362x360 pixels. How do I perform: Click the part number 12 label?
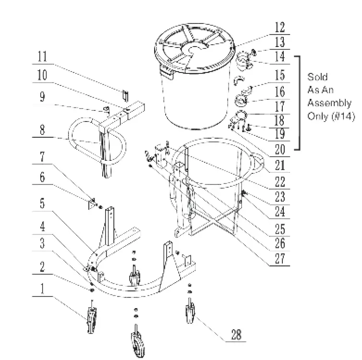point(280,27)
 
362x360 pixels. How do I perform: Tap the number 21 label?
point(280,166)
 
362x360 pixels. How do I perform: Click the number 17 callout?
point(280,106)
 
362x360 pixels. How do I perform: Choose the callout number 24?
point(280,212)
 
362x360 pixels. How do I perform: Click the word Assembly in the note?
point(329,102)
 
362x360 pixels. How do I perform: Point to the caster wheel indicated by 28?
point(190,313)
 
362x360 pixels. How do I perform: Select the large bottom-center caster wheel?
point(136,343)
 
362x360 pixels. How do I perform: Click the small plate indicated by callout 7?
point(92,204)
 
